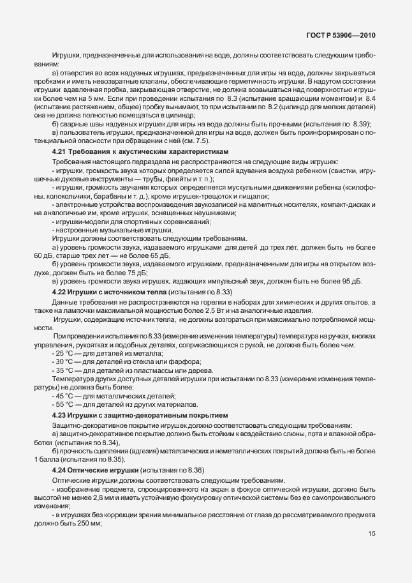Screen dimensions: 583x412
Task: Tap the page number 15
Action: pos(371,552)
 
